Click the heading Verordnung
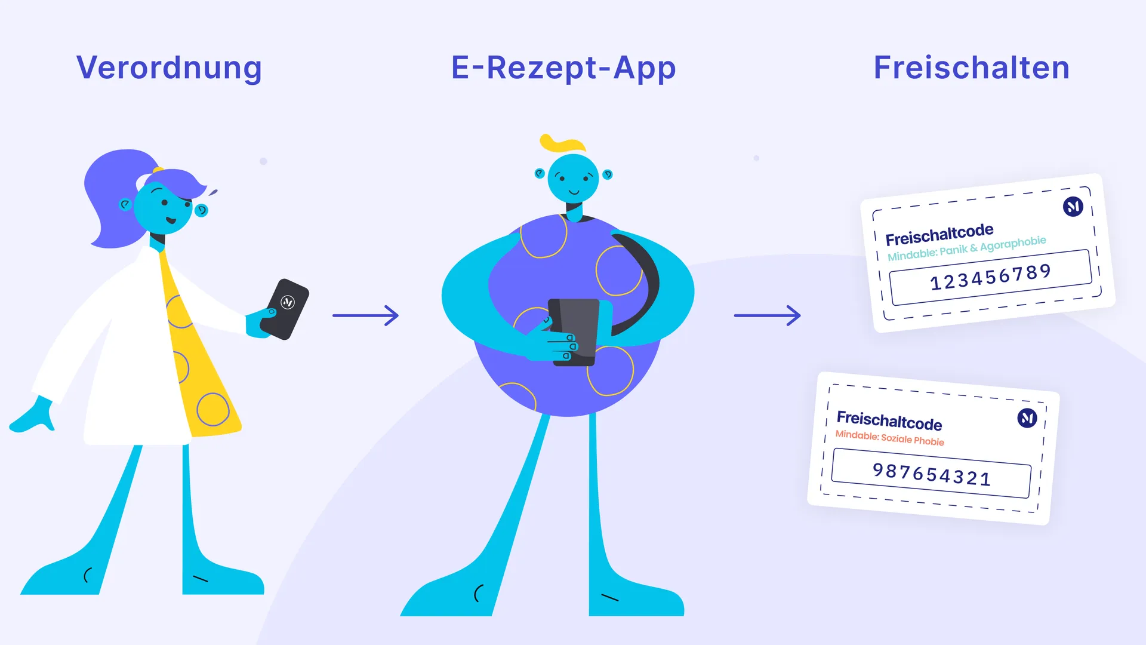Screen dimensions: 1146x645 (169, 68)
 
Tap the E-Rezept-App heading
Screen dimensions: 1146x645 (563, 68)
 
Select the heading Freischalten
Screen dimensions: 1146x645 (972, 67)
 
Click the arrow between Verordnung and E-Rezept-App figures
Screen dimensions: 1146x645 (365, 315)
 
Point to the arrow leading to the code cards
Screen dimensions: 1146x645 (767, 315)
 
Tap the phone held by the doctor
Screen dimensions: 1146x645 (285, 309)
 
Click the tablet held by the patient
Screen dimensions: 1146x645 (574, 331)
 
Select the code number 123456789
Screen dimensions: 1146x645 (990, 277)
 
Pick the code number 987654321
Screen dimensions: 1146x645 (931, 475)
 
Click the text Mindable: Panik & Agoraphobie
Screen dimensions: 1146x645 (967, 248)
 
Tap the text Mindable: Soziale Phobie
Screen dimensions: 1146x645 (889, 438)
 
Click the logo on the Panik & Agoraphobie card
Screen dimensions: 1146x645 (1073, 207)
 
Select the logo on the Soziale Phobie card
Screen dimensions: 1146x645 (1027, 418)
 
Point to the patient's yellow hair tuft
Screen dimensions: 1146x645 (562, 143)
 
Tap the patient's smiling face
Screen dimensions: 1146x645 (573, 179)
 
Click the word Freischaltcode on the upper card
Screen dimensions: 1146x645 (939, 234)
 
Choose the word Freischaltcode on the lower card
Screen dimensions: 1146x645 (889, 420)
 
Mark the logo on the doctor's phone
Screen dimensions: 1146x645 (288, 302)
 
